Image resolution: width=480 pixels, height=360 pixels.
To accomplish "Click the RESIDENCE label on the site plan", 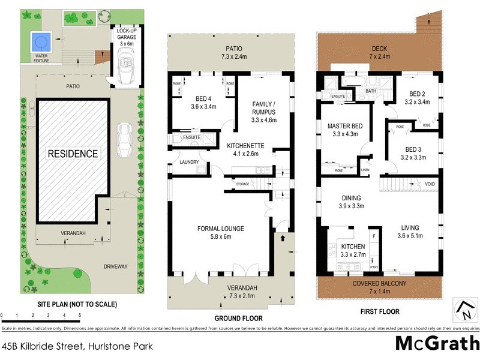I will click(73, 154).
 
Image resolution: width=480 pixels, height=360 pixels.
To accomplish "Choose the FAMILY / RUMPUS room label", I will click(262, 107).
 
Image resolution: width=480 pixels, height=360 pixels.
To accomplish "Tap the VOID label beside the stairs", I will click(430, 184).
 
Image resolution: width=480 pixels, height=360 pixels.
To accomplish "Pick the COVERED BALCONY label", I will click(379, 284).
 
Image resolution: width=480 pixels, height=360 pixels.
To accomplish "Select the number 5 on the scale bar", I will click(79, 315).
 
